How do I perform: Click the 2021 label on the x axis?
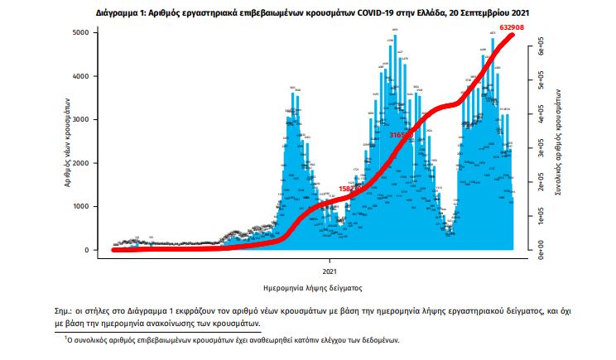(x=329, y=270)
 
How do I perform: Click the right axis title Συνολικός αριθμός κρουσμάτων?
(x=560, y=142)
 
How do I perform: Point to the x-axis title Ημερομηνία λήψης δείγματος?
(x=315, y=287)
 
